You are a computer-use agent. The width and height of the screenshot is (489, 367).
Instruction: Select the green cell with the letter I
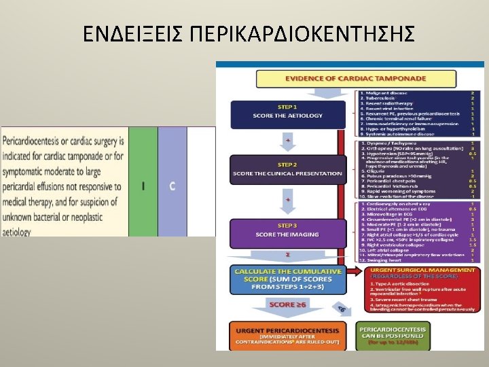coord(143,185)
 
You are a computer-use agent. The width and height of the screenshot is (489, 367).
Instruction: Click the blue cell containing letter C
coord(173,185)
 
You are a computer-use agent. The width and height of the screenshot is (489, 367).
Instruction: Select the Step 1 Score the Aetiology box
coord(287,112)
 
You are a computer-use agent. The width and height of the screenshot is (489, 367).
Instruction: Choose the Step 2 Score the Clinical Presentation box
coord(287,170)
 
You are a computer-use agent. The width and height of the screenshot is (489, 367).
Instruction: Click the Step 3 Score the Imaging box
coord(287,230)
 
